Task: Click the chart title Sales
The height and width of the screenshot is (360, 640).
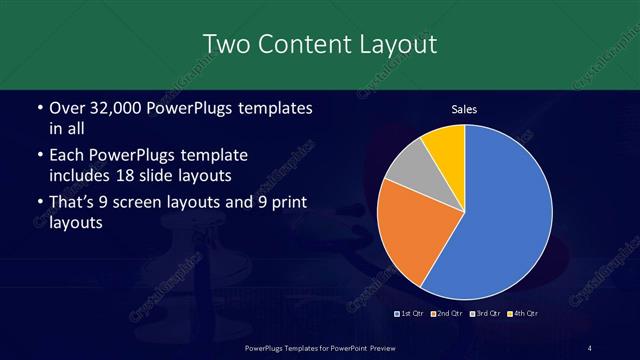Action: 465,109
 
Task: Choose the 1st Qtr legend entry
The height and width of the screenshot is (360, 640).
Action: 411,314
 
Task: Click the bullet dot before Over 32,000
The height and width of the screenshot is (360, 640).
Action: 39,108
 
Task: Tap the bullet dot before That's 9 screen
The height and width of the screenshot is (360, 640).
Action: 39,205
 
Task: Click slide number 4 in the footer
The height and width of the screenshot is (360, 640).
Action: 590,347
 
